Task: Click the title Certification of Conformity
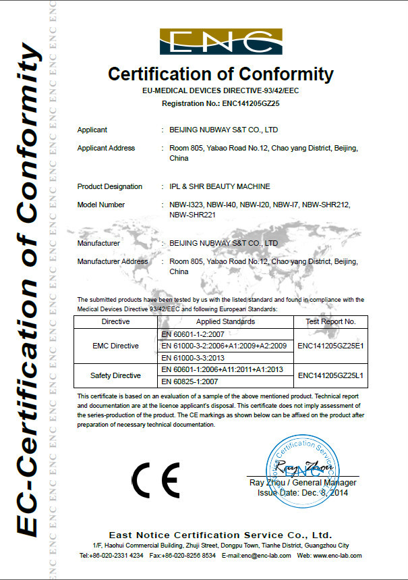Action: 221,74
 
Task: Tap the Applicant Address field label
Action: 106,148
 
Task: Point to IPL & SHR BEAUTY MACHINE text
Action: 220,186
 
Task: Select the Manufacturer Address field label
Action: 113,261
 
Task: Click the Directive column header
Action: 115,322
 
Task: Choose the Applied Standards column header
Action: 225,322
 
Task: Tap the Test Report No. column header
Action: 330,322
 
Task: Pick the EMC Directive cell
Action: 115,346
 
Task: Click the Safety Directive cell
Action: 115,375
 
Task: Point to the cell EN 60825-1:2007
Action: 191,381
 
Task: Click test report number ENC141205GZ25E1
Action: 330,346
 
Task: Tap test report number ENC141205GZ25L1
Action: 330,375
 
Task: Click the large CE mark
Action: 156,481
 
